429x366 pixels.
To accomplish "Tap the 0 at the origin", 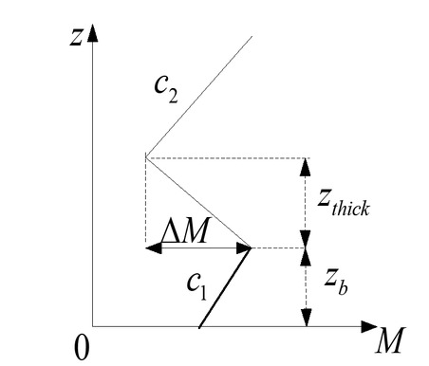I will [x=82, y=348].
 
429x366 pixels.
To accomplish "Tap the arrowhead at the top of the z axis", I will [x=92, y=37].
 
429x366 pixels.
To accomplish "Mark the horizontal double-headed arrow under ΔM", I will [x=196, y=248].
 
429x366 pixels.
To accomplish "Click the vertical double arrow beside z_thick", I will [x=304, y=202].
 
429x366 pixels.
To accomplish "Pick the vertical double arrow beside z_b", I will [x=304, y=286].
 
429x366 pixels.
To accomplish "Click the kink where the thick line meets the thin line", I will [x=249, y=248].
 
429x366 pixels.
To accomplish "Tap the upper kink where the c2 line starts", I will [x=144, y=156].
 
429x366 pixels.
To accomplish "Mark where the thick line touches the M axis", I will [x=199, y=327].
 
